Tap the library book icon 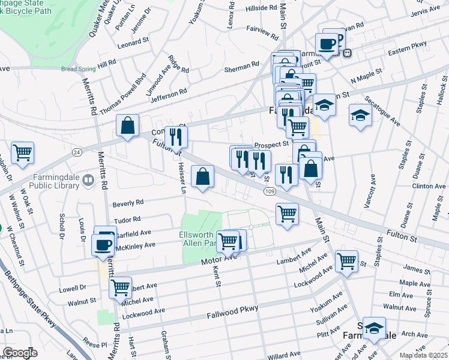(x=88, y=179)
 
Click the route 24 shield (x=77, y=152)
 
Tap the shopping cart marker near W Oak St (x=22, y=152)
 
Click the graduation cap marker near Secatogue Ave (x=360, y=115)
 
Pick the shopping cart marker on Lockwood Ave (x=346, y=261)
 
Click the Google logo (x=20, y=353)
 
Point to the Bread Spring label (x=78, y=69)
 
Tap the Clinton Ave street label (x=429, y=187)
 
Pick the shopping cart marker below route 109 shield (x=288, y=214)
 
